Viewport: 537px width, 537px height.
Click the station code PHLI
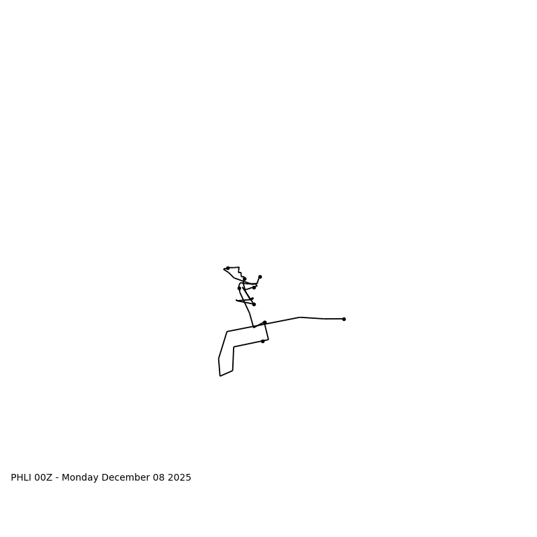pos(21,478)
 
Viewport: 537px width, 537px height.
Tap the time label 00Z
pos(43,478)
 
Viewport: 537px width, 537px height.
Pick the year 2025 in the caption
pos(180,478)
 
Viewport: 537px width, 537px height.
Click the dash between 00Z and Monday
pos(57,478)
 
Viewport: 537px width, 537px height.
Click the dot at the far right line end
pos(344,319)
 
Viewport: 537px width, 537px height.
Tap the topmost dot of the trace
pos(228,268)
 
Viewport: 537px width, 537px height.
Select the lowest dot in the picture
pos(262,341)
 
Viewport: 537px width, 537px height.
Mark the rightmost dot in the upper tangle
pos(260,277)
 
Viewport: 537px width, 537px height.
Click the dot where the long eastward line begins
pos(264,322)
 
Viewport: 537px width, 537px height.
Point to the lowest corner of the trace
pos(220,376)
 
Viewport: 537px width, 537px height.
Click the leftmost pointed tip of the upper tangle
pos(224,270)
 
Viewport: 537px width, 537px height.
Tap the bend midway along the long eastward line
pos(299,318)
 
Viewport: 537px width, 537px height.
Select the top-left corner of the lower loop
pos(227,332)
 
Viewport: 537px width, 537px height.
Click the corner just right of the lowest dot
pos(268,339)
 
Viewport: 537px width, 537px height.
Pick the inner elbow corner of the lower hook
pos(234,347)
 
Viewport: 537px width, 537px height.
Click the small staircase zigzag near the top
pos(240,273)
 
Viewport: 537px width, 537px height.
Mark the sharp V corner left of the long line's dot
pos(254,328)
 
